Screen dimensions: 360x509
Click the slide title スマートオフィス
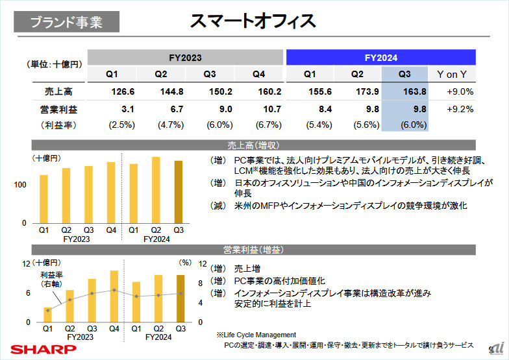253,21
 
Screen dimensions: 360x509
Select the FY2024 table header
381,57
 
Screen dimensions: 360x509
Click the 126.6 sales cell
121,91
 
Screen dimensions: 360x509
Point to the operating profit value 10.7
268,109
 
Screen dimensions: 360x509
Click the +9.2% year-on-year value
460,109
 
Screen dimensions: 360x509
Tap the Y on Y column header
455,74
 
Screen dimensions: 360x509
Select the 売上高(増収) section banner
254,145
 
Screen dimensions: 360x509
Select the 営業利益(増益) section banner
254,249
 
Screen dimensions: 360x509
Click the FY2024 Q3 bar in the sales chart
179,192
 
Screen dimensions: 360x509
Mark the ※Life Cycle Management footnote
256,335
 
